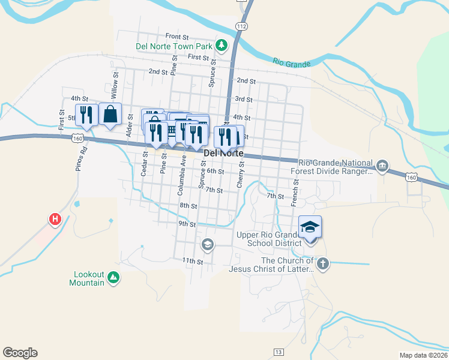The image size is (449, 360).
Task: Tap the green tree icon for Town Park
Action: (221, 45)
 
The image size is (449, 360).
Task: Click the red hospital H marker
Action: (55, 220)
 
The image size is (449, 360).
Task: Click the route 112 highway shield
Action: (241, 26)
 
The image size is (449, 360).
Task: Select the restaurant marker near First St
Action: (86, 115)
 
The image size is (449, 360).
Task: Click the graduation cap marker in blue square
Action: (310, 227)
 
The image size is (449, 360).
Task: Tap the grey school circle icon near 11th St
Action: (207, 244)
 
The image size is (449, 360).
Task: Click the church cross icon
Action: (323, 265)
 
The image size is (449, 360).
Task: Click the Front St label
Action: (177, 36)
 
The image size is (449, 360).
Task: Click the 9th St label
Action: (187, 224)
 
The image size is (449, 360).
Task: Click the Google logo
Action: (20, 353)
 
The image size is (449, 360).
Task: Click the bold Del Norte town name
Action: (223, 154)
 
